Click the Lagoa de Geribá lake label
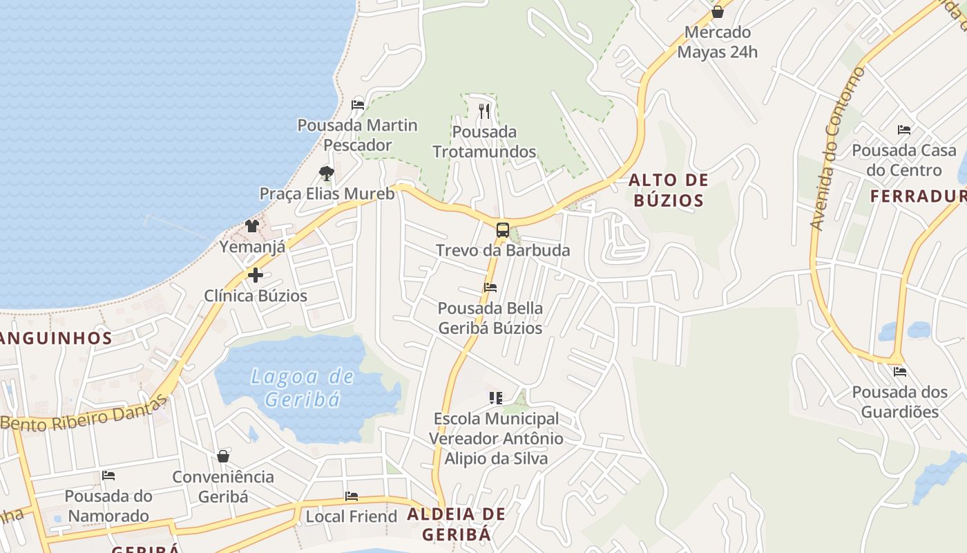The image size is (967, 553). click(x=303, y=388)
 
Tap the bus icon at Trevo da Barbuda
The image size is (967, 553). click(x=503, y=230)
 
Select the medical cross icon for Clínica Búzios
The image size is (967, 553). click(x=256, y=275)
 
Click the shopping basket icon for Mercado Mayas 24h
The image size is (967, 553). click(x=717, y=12)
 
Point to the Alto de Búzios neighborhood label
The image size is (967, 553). click(x=668, y=191)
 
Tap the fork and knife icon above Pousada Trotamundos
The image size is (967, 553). click(x=484, y=111)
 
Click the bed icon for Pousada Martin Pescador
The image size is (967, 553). click(x=358, y=105)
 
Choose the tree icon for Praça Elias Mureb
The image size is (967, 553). click(x=327, y=174)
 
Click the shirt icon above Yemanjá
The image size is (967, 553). click(x=252, y=226)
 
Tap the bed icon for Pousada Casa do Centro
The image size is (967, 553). click(x=904, y=130)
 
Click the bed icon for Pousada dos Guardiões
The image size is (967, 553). click(x=899, y=372)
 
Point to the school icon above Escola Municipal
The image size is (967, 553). click(x=496, y=398)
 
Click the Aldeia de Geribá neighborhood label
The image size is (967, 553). click(x=457, y=524)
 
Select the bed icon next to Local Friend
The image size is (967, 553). click(x=352, y=496)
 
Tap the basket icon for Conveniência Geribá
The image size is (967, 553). click(x=223, y=456)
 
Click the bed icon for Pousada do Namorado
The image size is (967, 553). click(x=108, y=476)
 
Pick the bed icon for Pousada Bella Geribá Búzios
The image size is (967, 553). click(x=490, y=288)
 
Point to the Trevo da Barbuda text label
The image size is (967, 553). click(x=503, y=250)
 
